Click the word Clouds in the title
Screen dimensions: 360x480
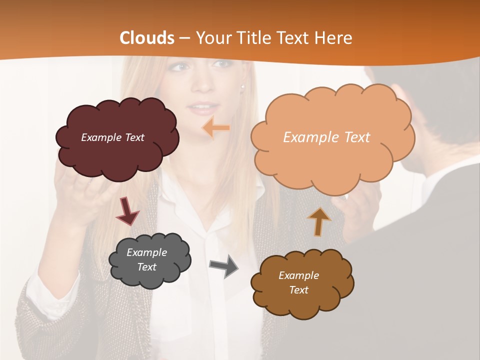click(147, 38)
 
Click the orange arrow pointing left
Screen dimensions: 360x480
click(216, 128)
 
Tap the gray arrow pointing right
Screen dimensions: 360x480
click(224, 265)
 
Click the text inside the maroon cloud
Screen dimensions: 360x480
click(112, 137)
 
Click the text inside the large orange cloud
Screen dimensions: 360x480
click(326, 137)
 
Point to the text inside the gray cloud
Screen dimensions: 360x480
click(146, 259)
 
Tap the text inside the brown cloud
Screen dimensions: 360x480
click(298, 282)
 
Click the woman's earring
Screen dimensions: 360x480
click(243, 87)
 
